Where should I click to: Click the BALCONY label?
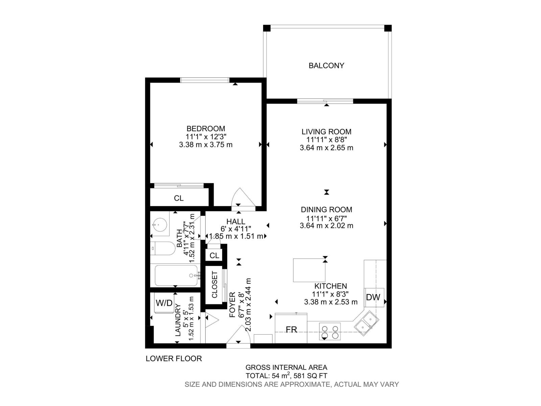pyautogui.click(x=326, y=66)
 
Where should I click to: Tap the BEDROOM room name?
pyautogui.click(x=206, y=129)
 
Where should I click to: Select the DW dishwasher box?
pyautogui.click(x=373, y=297)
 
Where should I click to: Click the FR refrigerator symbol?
pyautogui.click(x=291, y=329)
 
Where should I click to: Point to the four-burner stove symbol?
pyautogui.click(x=330, y=332)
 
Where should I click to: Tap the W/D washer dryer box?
pyautogui.click(x=164, y=303)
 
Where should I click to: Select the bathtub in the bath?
pyautogui.click(x=176, y=275)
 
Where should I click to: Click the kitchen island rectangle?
pyautogui.click(x=309, y=270)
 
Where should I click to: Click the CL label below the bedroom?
pyautogui.click(x=179, y=198)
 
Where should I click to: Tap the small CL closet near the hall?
pyautogui.click(x=214, y=255)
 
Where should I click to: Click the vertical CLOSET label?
pyautogui.click(x=215, y=285)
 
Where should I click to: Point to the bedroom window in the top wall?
pyautogui.click(x=205, y=80)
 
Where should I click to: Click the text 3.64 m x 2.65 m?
pyautogui.click(x=326, y=148)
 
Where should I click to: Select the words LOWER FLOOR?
pyautogui.click(x=174, y=359)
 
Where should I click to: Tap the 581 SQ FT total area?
pyautogui.click(x=311, y=376)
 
